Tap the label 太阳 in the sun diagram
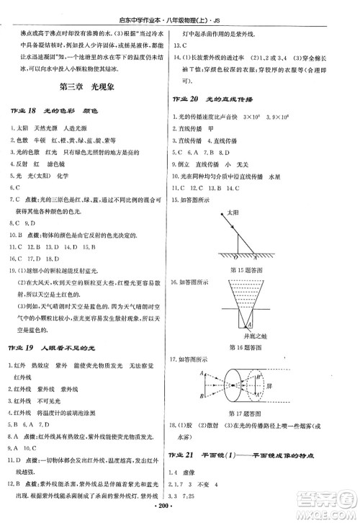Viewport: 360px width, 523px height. point(232,214)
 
